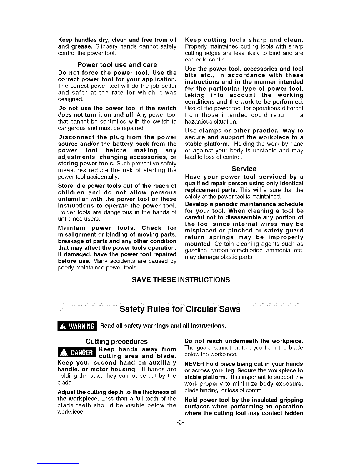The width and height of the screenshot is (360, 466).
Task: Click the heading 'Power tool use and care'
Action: [x=117, y=65]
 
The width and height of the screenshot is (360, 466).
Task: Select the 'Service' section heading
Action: [x=244, y=169]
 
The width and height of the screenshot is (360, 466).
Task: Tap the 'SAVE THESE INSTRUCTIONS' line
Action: [x=181, y=279]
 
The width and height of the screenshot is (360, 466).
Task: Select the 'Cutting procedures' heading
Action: [x=116, y=342]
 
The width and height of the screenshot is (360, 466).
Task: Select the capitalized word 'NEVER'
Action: [x=194, y=364]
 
